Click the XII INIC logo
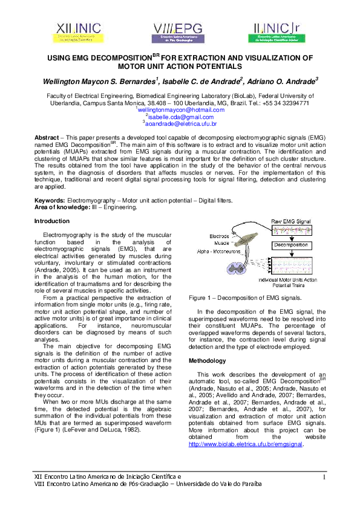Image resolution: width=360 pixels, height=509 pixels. pyautogui.click(x=80, y=31)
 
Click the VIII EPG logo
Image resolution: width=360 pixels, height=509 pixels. pyautogui.click(x=179, y=31)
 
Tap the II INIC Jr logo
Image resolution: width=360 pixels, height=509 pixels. pyautogui.click(x=279, y=31)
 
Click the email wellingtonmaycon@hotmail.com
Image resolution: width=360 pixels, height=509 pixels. pyautogui.click(x=181, y=110)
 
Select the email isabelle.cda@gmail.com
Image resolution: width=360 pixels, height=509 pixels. pyautogui.click(x=181, y=117)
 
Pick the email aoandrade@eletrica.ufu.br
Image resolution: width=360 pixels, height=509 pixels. pyautogui.click(x=181, y=123)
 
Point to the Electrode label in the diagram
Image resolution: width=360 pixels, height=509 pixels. pyautogui.click(x=219, y=236)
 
